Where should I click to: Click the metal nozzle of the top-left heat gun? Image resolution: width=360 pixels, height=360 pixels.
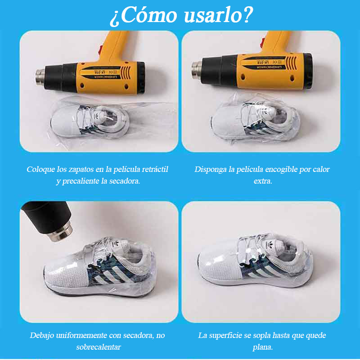tap(40, 77)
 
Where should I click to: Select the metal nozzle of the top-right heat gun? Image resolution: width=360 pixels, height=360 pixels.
tap(197, 70)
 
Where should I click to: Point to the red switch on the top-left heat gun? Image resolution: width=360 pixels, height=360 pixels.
tap(100, 50)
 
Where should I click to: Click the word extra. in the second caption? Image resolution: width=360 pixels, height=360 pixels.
tap(263, 181)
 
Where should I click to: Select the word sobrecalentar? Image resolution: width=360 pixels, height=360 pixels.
tap(99, 347)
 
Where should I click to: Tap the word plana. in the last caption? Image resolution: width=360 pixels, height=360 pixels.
tap(263, 347)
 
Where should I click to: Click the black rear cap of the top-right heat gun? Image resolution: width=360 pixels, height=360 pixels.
tap(308, 71)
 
